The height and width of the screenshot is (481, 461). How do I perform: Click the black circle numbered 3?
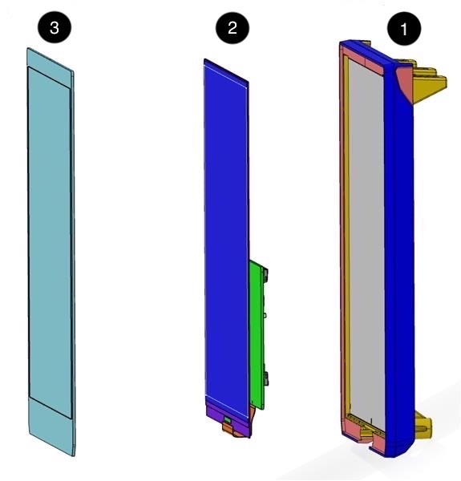pos(55,28)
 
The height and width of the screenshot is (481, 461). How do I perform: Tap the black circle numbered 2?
pos(233,28)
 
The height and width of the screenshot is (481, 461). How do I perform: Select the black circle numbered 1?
pos(404,29)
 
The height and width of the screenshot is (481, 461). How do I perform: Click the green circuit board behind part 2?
pos(257,334)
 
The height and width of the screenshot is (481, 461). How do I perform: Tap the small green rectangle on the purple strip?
pos(227,419)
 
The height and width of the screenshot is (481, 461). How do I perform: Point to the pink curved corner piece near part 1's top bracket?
pos(404,83)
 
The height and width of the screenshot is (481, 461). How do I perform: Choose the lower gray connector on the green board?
pos(265,378)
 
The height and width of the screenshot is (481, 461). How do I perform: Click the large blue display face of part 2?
pos(226,236)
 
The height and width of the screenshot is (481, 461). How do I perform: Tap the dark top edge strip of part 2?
pos(226,71)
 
